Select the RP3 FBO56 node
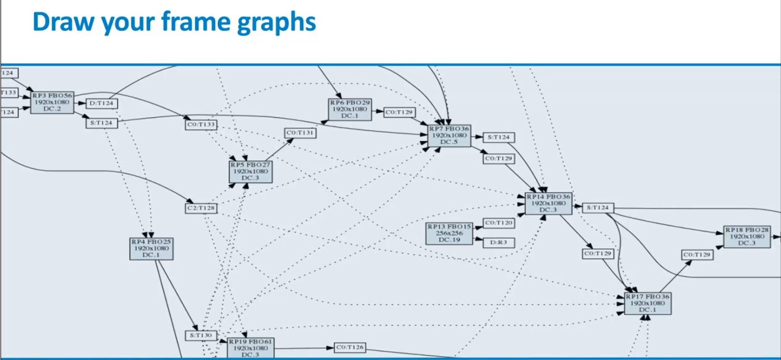pos(52,102)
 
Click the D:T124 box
pos(102,103)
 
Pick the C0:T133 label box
pos(201,125)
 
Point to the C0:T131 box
pos(300,133)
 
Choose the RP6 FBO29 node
pos(350,109)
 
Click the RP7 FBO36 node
pos(449,135)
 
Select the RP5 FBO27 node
pos(251,172)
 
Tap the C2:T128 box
pos(201,208)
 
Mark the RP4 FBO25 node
pos(151,249)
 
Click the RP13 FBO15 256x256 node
pos(449,233)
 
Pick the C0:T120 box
pos(499,223)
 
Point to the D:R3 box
pos(499,243)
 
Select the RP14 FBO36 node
pos(548,203)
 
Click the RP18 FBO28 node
pos(747,237)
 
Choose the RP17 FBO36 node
pos(647,303)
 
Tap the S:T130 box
pos(201,335)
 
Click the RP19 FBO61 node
pos(251,348)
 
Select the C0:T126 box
pos(350,348)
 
